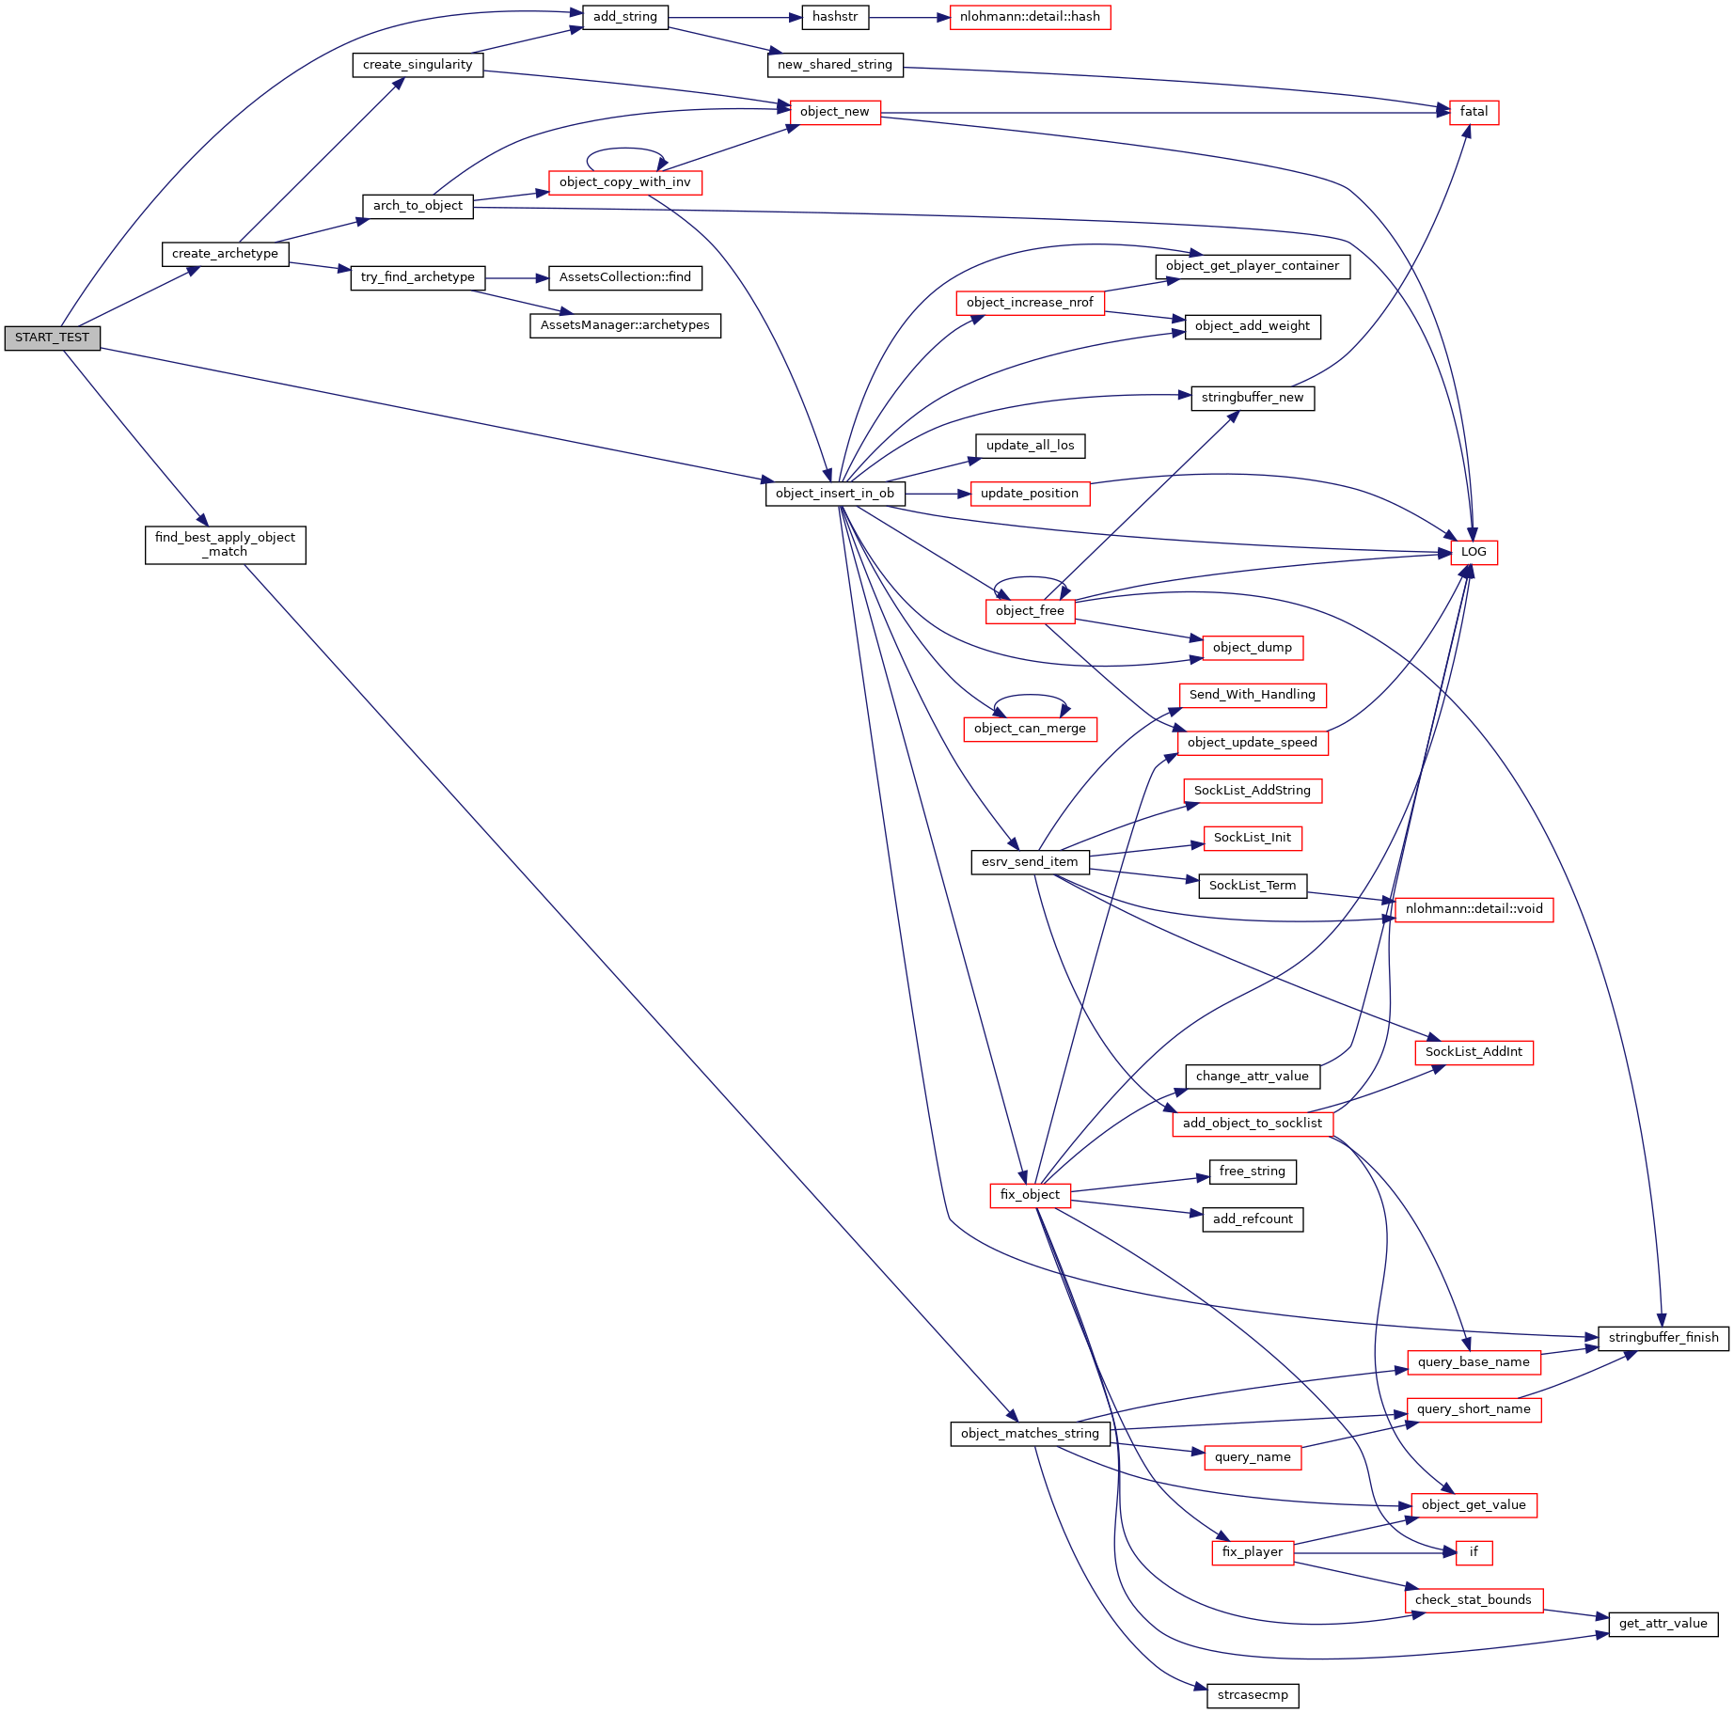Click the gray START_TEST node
coord(52,338)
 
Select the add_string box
coord(624,17)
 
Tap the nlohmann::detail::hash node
coord(1030,17)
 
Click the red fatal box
coord(1474,112)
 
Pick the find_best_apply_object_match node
coord(225,544)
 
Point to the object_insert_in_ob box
coord(835,494)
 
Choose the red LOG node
coord(1474,552)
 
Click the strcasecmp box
coord(1253,1695)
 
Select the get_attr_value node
coord(1663,1624)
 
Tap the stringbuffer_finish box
coord(1663,1338)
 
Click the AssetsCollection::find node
coord(624,277)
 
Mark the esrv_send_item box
coord(1030,862)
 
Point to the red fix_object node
coord(1030,1195)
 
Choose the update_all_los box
coord(1030,446)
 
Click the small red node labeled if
coord(1474,1552)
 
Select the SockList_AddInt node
coord(1474,1052)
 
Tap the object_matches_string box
coord(1030,1434)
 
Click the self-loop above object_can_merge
coord(1031,696)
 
